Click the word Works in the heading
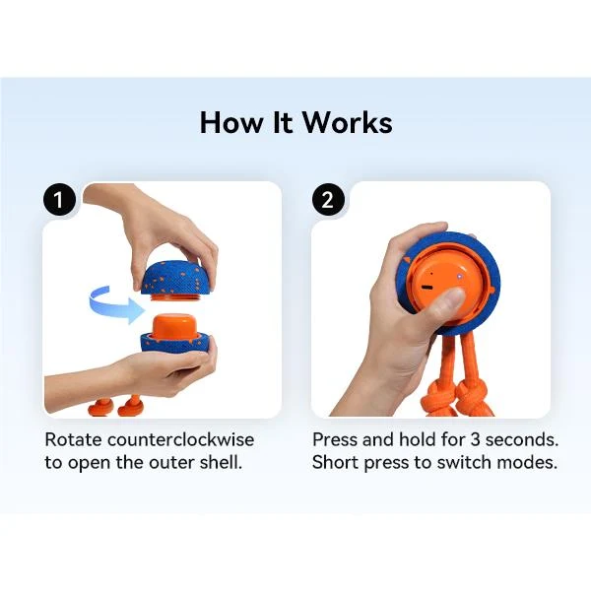click(x=348, y=122)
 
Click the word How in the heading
click(x=231, y=122)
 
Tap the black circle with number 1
click(x=59, y=199)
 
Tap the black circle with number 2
click(x=328, y=199)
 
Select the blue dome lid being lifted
click(x=171, y=279)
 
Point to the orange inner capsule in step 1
click(x=173, y=327)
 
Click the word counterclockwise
click(x=180, y=440)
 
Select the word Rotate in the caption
click(x=73, y=440)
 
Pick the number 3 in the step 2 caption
click(x=475, y=440)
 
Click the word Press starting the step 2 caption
click(x=335, y=440)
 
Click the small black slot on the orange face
click(x=427, y=288)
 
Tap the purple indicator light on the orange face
click(x=459, y=276)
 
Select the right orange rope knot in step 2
click(x=473, y=403)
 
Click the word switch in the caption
click(x=464, y=463)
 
